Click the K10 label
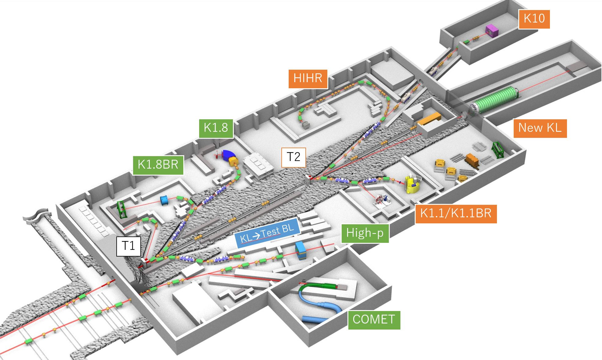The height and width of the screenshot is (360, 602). (534, 19)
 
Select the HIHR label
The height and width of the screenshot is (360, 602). (308, 79)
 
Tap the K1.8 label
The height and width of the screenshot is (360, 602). (216, 128)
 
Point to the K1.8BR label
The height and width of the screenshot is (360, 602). (158, 165)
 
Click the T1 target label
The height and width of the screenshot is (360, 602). (128, 246)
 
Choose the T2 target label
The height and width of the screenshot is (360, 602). (294, 157)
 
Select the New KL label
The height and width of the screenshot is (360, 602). (540, 128)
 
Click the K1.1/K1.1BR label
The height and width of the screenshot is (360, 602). (456, 214)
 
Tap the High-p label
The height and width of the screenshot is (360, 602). (365, 233)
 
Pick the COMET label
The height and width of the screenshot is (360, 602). (374, 320)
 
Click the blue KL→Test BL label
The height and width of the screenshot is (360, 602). (267, 233)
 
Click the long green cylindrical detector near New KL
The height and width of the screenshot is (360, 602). (495, 99)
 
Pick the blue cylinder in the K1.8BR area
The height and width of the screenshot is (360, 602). (164, 200)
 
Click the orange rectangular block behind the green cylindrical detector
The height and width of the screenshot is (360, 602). (430, 118)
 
